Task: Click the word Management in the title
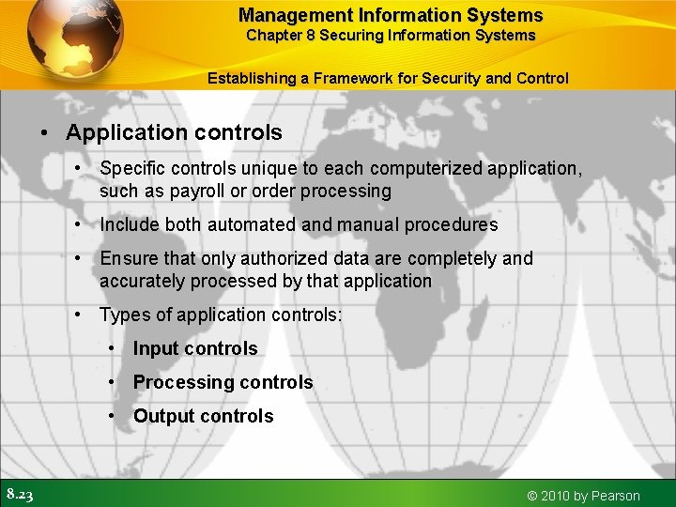point(284,15)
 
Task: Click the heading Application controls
point(174,133)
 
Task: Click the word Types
point(124,315)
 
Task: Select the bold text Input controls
point(195,348)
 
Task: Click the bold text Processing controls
point(223,382)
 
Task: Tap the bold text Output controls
point(203,416)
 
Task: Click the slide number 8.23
point(20,495)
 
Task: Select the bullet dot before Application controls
point(44,133)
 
